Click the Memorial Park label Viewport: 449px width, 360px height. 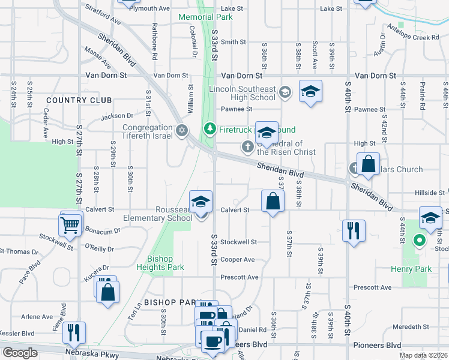(205, 17)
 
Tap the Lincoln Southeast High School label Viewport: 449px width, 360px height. (242, 93)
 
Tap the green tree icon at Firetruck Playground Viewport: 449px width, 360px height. (209, 128)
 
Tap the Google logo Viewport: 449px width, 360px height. (20, 353)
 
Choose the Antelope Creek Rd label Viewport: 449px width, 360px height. (414, 37)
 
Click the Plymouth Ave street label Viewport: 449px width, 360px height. (150, 8)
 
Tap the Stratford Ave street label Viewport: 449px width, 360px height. (103, 15)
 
